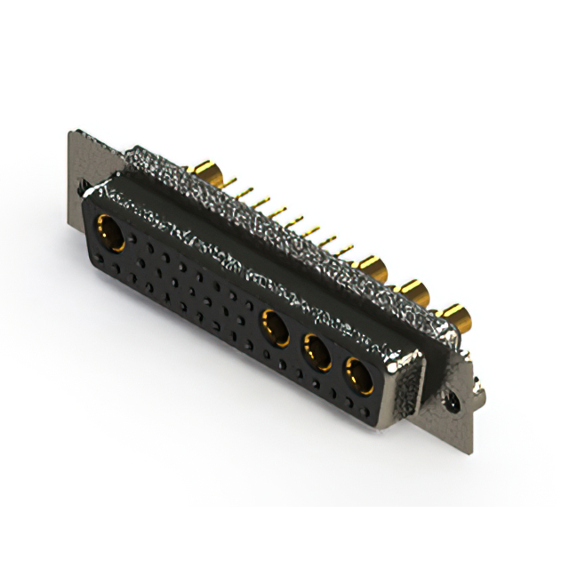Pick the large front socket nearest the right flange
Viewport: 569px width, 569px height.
click(357, 377)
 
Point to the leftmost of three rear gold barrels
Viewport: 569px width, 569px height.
click(373, 267)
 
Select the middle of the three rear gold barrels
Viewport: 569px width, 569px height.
click(413, 291)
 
